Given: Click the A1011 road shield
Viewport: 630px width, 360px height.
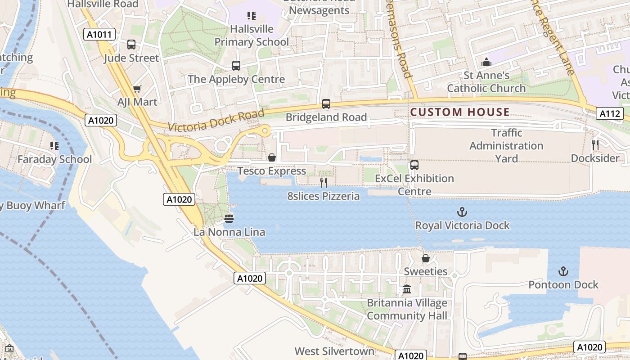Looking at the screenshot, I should pyautogui.click(x=99, y=34).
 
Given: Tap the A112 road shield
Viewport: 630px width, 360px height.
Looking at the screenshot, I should pyautogui.click(x=610, y=114).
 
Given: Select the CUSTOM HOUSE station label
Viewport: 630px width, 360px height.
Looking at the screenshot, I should pyautogui.click(x=460, y=112).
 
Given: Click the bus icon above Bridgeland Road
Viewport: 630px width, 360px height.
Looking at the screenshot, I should pyautogui.click(x=326, y=104).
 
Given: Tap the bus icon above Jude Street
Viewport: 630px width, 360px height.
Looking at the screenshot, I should pyautogui.click(x=131, y=45).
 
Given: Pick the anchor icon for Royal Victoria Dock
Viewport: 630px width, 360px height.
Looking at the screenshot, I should pyautogui.click(x=462, y=212).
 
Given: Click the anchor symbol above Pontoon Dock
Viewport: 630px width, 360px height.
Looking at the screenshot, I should pyautogui.click(x=563, y=271).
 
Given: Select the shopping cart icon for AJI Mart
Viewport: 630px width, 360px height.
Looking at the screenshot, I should pyautogui.click(x=137, y=89).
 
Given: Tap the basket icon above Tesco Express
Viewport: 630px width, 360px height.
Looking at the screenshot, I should pyautogui.click(x=272, y=157).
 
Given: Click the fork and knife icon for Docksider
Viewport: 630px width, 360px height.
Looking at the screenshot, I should pyautogui.click(x=595, y=144).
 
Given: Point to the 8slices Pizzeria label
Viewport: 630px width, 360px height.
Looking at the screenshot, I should pyautogui.click(x=324, y=196).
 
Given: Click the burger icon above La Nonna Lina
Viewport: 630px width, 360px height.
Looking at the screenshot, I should pyautogui.click(x=229, y=219).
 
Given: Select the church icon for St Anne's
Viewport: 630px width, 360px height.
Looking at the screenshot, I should pyautogui.click(x=486, y=62).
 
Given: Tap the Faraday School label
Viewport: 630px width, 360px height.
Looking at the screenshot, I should pyautogui.click(x=54, y=159).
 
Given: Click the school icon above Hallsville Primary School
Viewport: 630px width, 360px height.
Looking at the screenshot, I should pyautogui.click(x=252, y=16).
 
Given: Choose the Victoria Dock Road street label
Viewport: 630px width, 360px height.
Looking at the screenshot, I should pyautogui.click(x=216, y=121).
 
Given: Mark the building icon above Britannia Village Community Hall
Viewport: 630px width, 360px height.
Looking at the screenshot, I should pyautogui.click(x=407, y=289).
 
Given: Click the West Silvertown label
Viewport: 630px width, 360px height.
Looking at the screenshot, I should pyautogui.click(x=334, y=351).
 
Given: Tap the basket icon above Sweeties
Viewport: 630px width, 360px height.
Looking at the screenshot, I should pyautogui.click(x=425, y=258).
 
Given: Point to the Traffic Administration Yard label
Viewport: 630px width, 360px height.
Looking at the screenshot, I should pyautogui.click(x=506, y=146).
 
